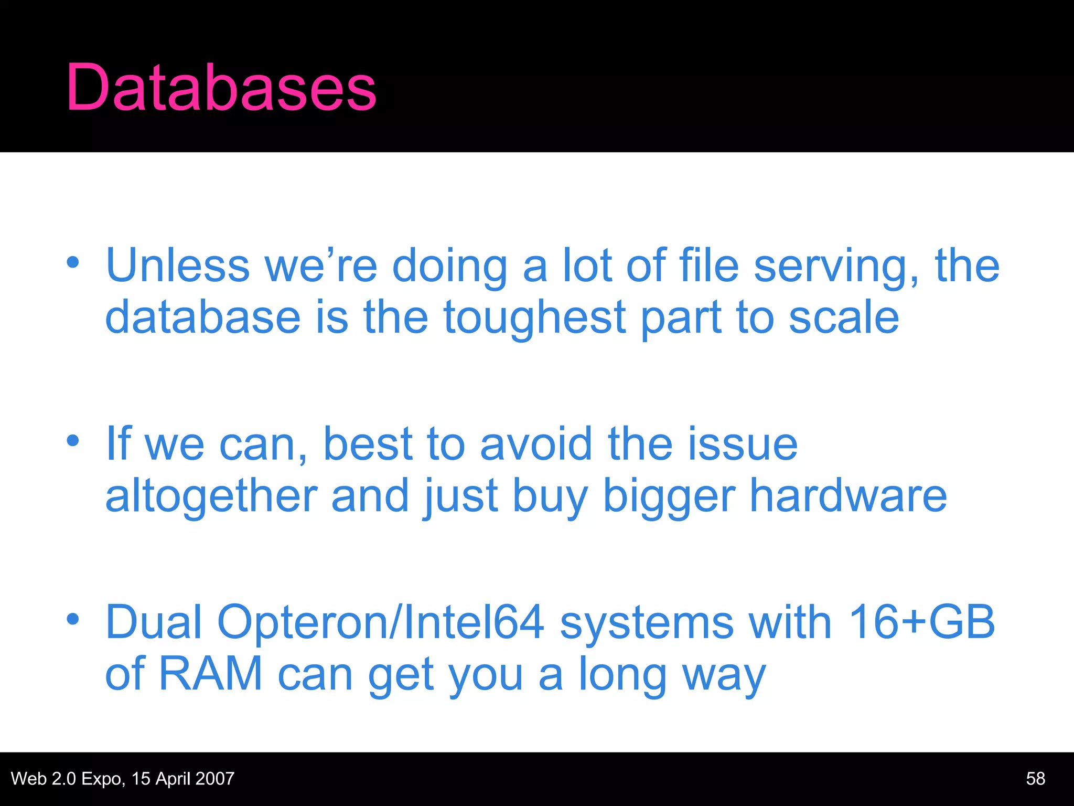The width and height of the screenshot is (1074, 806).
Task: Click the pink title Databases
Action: point(221,87)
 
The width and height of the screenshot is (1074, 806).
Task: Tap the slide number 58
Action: point(1036,778)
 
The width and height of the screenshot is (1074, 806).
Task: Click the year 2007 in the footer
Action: point(214,778)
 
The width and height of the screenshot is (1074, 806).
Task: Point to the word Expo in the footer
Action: point(101,778)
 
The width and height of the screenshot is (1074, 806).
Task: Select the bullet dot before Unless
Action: point(73,262)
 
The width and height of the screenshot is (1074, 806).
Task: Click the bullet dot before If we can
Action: point(73,440)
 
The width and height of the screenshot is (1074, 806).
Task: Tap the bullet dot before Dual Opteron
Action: point(73,619)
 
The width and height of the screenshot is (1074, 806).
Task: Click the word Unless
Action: point(178,266)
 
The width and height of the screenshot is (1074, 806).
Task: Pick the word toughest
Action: point(535,318)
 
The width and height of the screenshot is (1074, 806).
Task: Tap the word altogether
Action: point(211,496)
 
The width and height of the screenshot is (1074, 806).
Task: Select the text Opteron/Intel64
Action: point(380,622)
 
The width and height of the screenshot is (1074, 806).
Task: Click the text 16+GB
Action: point(921,622)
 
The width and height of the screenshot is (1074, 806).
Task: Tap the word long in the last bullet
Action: point(622,676)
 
